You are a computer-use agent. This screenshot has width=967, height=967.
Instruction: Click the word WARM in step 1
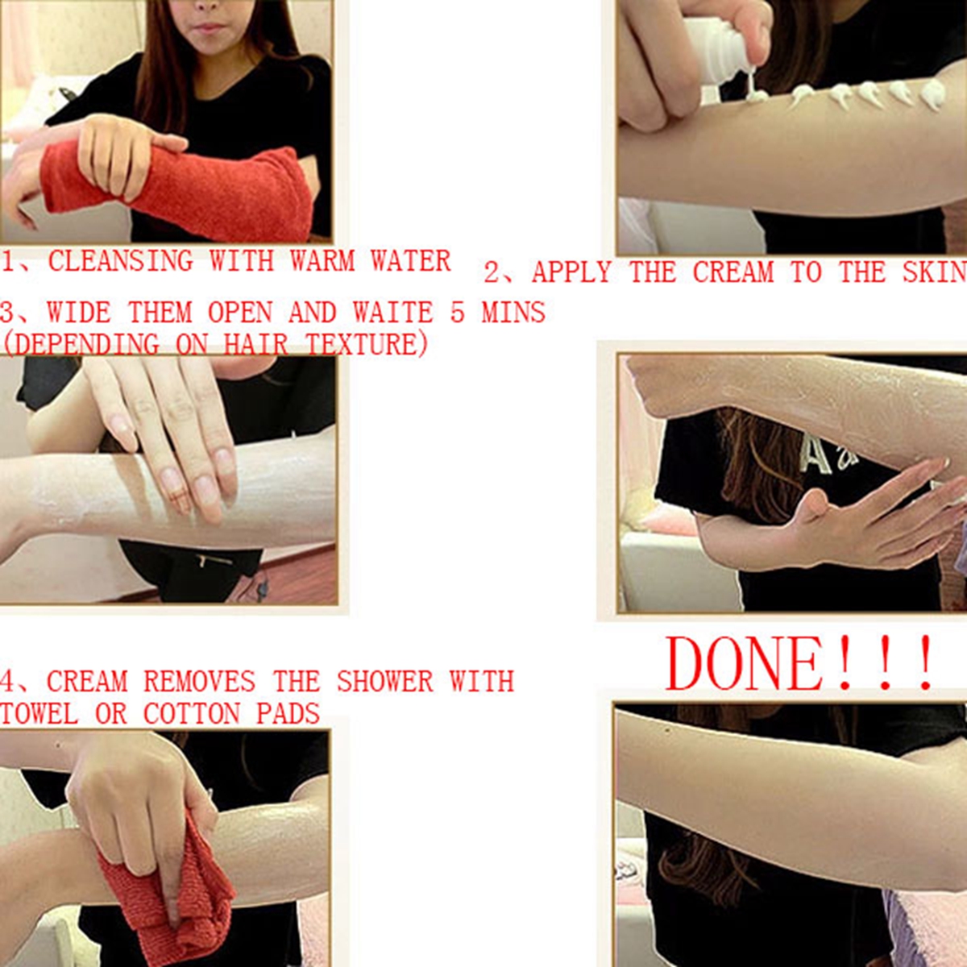pyautogui.click(x=322, y=261)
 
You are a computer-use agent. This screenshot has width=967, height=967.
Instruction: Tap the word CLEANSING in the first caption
pyautogui.click(x=120, y=261)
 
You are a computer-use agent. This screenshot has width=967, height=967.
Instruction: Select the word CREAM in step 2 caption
pyautogui.click(x=733, y=272)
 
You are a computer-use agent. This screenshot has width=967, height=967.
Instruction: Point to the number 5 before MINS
pyautogui.click(x=457, y=312)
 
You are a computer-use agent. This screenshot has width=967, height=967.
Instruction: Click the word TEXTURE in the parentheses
pyautogui.click(x=367, y=344)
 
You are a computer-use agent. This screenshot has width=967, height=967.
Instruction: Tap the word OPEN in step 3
pyautogui.click(x=240, y=312)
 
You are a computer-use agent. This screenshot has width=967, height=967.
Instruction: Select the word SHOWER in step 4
pyautogui.click(x=385, y=682)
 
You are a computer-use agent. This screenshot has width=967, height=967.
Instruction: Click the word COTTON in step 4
pyautogui.click(x=192, y=713)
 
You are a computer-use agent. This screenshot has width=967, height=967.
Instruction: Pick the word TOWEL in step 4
pyautogui.click(x=39, y=713)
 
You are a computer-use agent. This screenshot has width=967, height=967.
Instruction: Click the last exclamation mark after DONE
pyautogui.click(x=923, y=663)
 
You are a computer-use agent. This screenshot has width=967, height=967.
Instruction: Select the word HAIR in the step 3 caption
pyautogui.click(x=255, y=344)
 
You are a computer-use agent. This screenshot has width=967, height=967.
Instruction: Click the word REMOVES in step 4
pyautogui.click(x=200, y=682)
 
